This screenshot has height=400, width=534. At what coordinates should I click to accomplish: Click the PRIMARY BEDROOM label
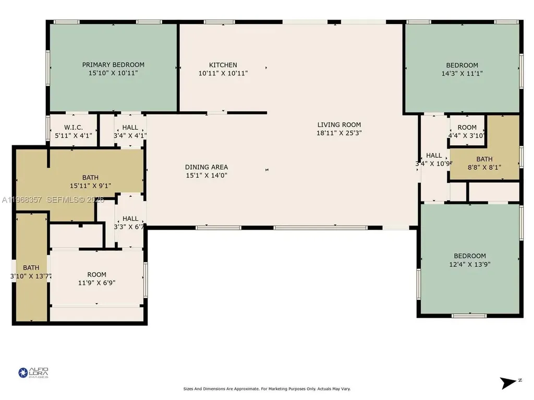click(x=113, y=65)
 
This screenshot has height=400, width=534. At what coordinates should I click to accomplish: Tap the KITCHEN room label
click(x=223, y=65)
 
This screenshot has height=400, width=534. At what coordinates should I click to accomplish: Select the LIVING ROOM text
click(x=339, y=124)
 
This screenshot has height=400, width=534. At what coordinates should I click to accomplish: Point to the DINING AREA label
click(x=207, y=167)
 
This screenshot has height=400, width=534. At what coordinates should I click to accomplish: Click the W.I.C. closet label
click(x=74, y=127)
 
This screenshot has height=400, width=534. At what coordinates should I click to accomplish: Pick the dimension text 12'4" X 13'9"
click(x=469, y=264)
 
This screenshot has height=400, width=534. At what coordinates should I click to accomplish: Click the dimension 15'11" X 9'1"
click(x=90, y=185)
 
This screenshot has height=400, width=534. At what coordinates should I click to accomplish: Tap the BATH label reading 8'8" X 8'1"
click(x=484, y=159)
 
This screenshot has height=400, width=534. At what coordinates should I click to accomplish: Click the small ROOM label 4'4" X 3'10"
click(x=467, y=127)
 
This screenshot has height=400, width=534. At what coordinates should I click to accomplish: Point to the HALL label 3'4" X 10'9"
click(x=434, y=155)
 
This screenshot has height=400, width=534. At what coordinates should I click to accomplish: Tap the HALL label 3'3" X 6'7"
click(x=130, y=219)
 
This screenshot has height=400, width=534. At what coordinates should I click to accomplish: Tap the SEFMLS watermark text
click(x=52, y=199)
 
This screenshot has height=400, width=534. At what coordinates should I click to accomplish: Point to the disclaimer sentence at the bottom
click(x=266, y=389)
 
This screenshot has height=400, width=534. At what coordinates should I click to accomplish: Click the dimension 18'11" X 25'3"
click(x=339, y=133)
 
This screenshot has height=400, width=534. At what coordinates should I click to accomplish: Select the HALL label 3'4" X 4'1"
click(x=130, y=127)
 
